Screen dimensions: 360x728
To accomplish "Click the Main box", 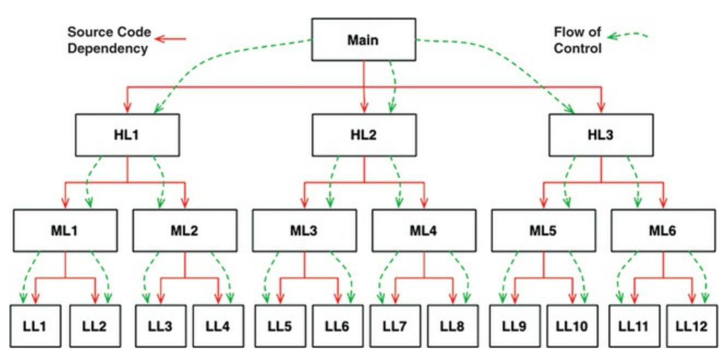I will click(x=363, y=39).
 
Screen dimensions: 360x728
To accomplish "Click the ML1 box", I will click(x=65, y=230).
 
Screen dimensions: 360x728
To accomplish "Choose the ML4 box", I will click(x=424, y=230).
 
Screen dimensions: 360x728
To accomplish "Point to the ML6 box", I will click(x=663, y=230).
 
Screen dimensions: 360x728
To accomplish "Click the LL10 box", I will click(x=572, y=326).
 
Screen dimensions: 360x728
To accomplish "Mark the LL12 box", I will click(x=692, y=326).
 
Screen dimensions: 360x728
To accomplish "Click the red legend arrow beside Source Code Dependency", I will click(x=171, y=39).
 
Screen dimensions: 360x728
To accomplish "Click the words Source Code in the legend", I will click(x=108, y=32).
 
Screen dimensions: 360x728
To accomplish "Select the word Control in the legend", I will click(x=578, y=48).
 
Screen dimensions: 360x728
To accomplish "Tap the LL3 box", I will click(x=160, y=326).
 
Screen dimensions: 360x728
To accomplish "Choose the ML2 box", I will click(x=184, y=230).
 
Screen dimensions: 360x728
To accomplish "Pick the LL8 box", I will click(x=453, y=326).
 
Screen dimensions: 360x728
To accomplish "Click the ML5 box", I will click(x=543, y=230).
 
